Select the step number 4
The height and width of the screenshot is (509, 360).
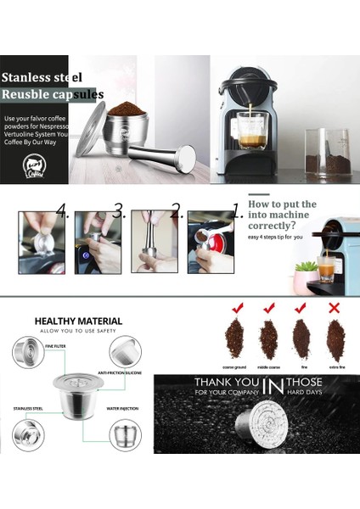(x=62, y=209)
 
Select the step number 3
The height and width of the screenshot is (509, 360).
(x=119, y=209)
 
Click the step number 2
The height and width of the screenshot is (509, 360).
(x=176, y=209)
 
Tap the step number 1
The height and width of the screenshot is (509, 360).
(x=236, y=209)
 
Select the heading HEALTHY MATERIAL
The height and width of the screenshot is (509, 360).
(x=78, y=322)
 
